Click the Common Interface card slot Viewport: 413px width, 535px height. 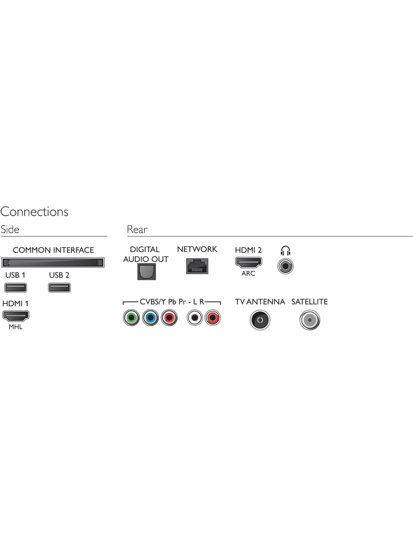pos(53,262)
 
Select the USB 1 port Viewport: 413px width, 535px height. pos(16,287)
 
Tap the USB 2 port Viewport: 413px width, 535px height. pos(59,287)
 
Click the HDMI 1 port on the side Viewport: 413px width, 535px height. pos(16,316)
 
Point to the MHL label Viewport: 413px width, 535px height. pos(15,327)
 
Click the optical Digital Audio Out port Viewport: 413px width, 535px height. pos(146,271)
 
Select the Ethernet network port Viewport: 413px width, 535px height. pos(197,266)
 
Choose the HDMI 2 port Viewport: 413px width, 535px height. pos(249,263)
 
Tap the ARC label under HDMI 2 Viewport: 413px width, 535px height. pos(248,273)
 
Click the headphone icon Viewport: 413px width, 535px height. pos(285,251)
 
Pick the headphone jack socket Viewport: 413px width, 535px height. pos(285,266)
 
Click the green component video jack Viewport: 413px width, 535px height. pos(131,318)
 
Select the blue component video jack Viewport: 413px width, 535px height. pos(150,318)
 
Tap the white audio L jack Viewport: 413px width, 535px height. pos(194,318)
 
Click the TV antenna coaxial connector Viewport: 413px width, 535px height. pos(260,320)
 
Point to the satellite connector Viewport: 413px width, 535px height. pos(310,320)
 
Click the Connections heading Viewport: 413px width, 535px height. pos(35,211)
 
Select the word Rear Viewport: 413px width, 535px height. pos(137,230)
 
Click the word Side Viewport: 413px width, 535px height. pos(10,230)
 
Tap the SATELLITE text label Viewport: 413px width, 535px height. pos(309,302)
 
